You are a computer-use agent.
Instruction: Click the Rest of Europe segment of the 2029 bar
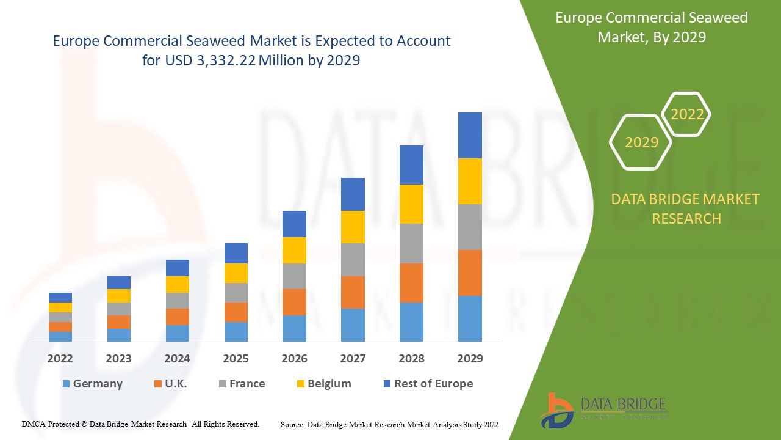[470, 135]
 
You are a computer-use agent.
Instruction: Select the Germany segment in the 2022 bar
[60, 336]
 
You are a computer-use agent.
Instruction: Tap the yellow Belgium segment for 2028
[411, 204]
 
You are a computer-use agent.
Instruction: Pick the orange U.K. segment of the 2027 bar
[353, 292]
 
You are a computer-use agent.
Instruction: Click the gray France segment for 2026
[294, 276]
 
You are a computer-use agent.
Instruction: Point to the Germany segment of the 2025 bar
[236, 331]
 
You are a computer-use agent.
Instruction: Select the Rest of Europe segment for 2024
[178, 268]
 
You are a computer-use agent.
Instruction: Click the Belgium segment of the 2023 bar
[119, 296]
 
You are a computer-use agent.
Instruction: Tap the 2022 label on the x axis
[60, 359]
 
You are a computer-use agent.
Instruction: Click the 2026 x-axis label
[294, 359]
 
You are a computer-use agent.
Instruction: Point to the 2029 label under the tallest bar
[470, 359]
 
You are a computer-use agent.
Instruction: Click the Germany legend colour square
[66, 384]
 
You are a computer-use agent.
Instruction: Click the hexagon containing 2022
[687, 114]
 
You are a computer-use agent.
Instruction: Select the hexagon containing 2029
[641, 142]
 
